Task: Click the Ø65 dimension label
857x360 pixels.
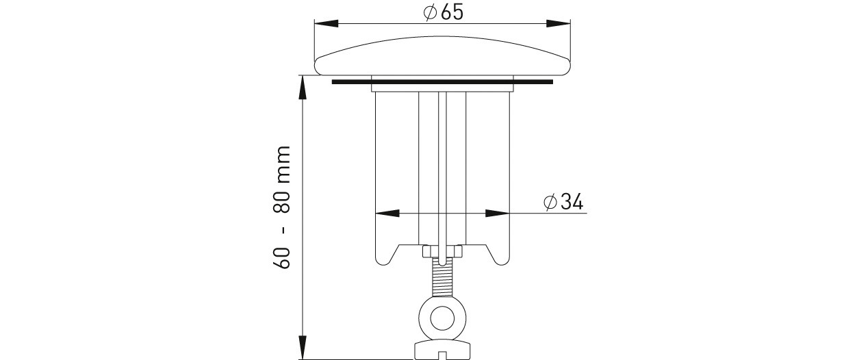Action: [x=443, y=12]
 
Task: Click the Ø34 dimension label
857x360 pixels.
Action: [x=563, y=202]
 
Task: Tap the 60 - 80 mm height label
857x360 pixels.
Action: [x=283, y=207]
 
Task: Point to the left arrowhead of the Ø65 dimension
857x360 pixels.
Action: [x=326, y=24]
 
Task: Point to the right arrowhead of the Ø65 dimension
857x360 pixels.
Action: [x=558, y=24]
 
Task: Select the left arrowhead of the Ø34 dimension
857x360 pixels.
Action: [x=387, y=213]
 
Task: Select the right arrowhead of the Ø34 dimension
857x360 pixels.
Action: [x=498, y=213]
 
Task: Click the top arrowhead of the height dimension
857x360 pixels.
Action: [x=303, y=88]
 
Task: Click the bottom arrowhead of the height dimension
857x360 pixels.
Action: [x=303, y=348]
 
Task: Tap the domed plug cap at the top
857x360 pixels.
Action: [x=443, y=56]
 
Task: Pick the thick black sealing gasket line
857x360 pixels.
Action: [x=442, y=82]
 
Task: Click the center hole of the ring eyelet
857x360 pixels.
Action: [x=443, y=319]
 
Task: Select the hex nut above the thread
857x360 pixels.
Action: [x=443, y=251]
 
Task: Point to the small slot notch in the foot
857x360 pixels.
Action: [x=443, y=356]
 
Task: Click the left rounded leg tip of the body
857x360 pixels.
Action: [x=384, y=261]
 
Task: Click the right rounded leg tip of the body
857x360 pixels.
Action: [x=501, y=261]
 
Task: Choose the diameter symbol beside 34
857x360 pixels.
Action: [x=550, y=202]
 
